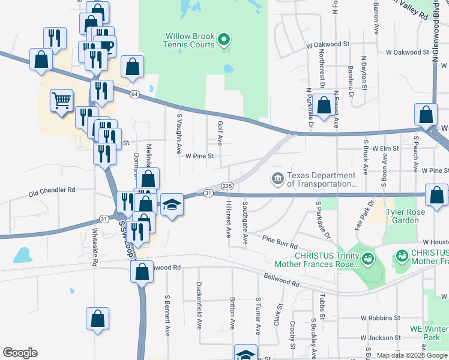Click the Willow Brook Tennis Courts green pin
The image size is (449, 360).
[224, 40]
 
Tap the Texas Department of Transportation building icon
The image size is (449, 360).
[277, 178]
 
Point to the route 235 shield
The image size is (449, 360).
[226, 186]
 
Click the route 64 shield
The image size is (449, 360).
[134, 94]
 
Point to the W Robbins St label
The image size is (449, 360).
[380, 317]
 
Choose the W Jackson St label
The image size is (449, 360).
[380, 338]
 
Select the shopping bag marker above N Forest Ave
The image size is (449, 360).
[324, 105]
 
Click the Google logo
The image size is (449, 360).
[20, 353]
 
